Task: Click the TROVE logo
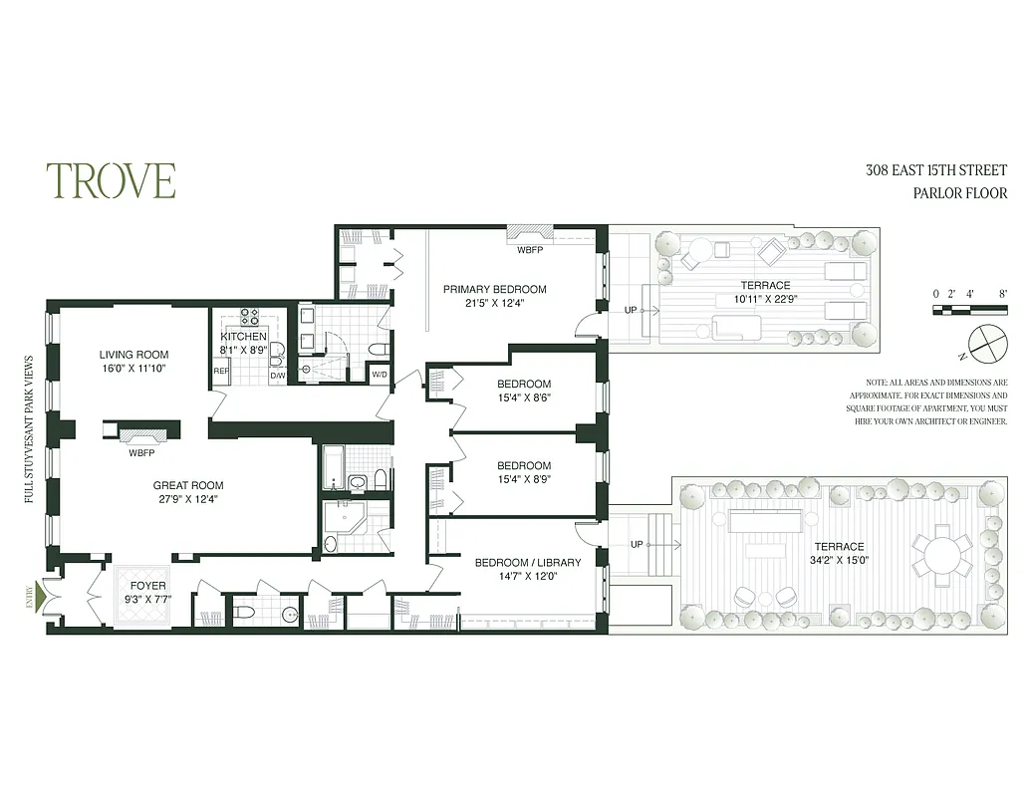111,180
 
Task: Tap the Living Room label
133,355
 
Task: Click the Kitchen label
244,337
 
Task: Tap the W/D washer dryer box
379,375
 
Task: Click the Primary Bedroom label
494,290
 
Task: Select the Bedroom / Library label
527,563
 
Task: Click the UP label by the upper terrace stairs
631,310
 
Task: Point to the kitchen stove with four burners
249,318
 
